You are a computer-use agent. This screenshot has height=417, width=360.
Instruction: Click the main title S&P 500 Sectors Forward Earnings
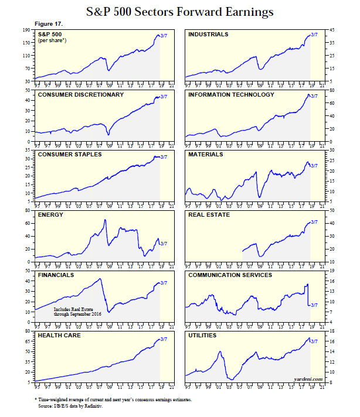[x=179, y=11]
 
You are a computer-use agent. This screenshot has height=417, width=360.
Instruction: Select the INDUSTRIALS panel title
[x=208, y=35]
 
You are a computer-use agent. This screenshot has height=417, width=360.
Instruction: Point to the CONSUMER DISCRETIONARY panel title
[x=80, y=94]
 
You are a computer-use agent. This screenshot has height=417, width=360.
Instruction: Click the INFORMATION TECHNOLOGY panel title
[x=231, y=94]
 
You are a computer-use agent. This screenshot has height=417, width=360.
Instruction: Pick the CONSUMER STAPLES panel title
[x=70, y=155]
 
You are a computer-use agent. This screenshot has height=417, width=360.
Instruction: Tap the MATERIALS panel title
[x=205, y=155]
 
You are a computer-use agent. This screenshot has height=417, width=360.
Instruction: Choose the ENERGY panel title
[x=50, y=215]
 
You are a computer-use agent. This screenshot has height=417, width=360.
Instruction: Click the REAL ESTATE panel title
[x=208, y=215]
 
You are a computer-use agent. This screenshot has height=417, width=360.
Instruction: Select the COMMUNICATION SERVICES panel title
[x=230, y=275]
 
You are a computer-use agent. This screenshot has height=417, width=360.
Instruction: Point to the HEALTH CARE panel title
[x=60, y=336]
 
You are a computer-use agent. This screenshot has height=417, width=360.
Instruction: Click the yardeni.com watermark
[x=308, y=379]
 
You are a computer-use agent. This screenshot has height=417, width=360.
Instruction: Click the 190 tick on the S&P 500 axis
[x=26, y=29]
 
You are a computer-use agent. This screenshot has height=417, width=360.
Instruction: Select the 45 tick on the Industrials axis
[x=332, y=29]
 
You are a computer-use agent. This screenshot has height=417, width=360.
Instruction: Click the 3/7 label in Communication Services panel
[x=313, y=305]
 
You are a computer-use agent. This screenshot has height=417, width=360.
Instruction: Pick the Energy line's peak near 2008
[x=105, y=220]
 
